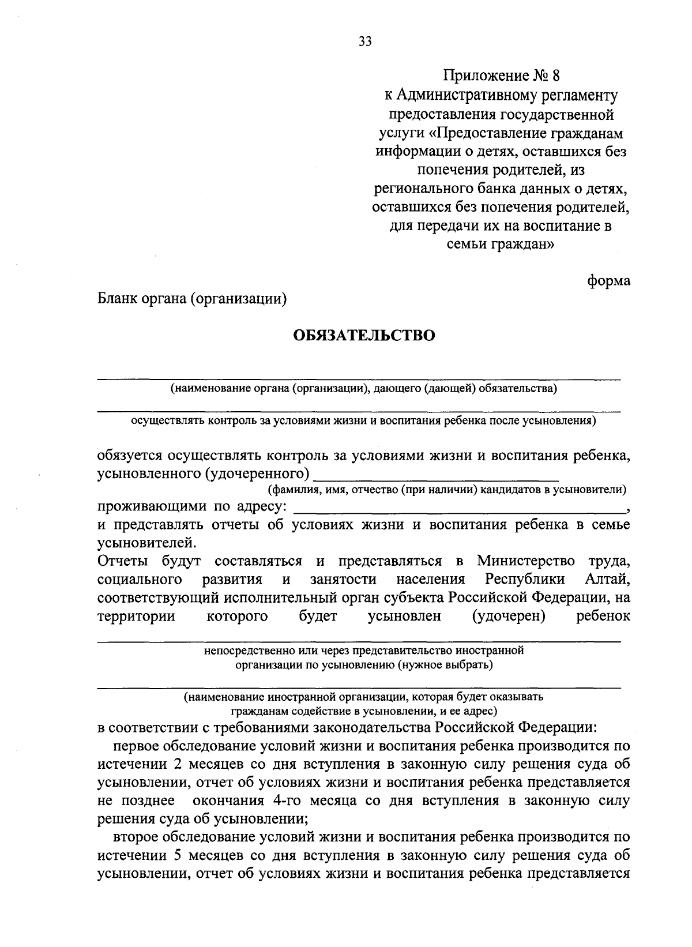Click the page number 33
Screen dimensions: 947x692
click(x=364, y=41)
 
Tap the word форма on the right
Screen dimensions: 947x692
click(x=608, y=281)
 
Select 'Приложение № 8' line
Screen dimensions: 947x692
click(x=501, y=76)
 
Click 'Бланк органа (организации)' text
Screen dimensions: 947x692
click(x=192, y=299)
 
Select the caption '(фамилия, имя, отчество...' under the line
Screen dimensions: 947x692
click(x=447, y=490)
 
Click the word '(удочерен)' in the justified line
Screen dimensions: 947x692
click(x=509, y=616)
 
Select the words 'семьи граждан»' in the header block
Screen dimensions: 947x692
click(x=501, y=243)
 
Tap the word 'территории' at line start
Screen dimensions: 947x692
click(x=137, y=616)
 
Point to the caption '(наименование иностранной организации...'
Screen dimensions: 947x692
click(x=363, y=697)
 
